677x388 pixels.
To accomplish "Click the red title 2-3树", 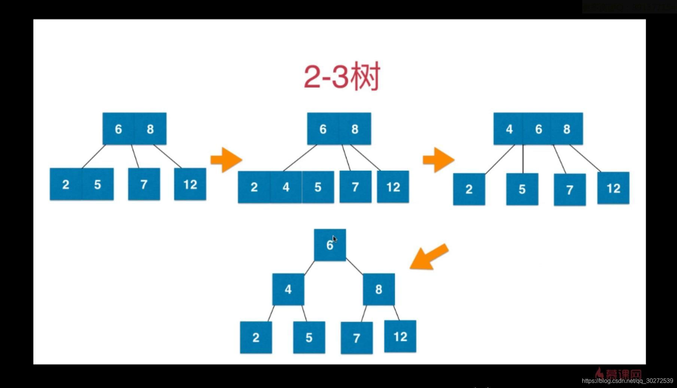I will point(342,76).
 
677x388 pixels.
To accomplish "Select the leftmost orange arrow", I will point(226,160).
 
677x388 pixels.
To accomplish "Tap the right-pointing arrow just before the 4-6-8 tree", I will point(438,160).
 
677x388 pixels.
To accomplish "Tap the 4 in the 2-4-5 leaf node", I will point(286,187).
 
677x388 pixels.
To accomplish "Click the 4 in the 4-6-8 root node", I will point(509,129).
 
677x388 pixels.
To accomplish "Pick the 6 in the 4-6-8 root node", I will point(538,129).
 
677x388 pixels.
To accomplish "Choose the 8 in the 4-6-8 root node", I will point(567,129).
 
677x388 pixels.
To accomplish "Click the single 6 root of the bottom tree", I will point(329,245).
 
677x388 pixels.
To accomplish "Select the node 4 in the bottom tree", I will point(288,289).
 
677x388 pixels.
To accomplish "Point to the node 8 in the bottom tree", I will point(379,289).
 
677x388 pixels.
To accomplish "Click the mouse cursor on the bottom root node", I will point(335,239).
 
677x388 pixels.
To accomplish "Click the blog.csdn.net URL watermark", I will point(627,381).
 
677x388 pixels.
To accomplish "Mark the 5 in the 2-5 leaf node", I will point(98,184).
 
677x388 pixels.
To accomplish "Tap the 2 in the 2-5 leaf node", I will point(66,184).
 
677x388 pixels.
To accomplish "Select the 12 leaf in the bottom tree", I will point(400,336).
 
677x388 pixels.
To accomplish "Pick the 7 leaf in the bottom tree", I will point(356,338).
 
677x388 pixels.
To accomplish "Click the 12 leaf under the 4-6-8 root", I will point(613,188).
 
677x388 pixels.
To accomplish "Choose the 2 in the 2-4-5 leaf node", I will point(254,187).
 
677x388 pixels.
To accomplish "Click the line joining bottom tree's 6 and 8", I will point(354,266).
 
